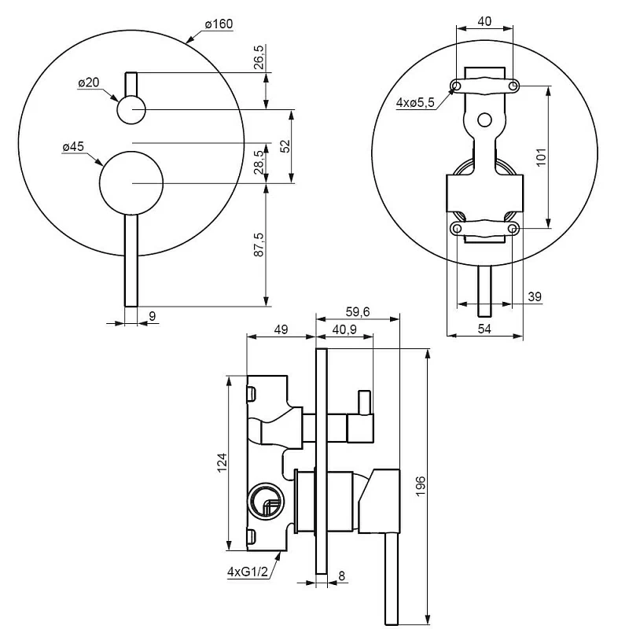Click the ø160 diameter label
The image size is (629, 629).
pos(219,24)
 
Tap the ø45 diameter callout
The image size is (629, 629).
pos(73,146)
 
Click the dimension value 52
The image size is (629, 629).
pos(285,145)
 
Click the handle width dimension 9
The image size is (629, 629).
pos(152,317)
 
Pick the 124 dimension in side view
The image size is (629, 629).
pos(222,462)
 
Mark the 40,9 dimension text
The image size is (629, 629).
pos(344,329)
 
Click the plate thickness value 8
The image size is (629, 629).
pos(342,576)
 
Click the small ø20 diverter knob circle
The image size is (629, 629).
pos(131,109)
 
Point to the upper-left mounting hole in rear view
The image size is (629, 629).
pos(455,85)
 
